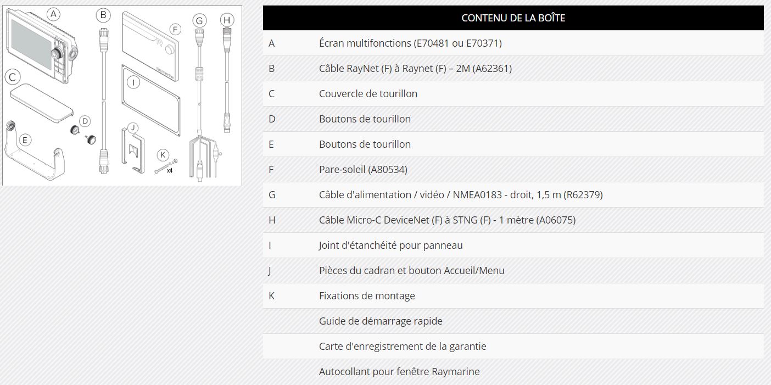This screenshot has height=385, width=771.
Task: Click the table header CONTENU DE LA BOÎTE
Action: [513, 18]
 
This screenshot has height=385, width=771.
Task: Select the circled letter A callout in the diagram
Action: [53, 14]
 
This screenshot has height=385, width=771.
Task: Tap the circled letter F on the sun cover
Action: [175, 29]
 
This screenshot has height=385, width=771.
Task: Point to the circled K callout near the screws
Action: [162, 154]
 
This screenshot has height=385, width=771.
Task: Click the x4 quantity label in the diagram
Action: [170, 171]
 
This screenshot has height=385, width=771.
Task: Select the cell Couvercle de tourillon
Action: [368, 94]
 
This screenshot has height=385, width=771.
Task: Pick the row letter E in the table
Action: [271, 144]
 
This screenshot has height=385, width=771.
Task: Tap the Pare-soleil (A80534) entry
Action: [363, 170]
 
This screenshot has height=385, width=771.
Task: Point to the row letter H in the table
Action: [272, 220]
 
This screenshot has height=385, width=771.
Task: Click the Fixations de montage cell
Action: [367, 296]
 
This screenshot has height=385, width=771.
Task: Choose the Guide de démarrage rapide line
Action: [381, 321]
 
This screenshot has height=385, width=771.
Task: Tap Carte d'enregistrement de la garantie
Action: [403, 347]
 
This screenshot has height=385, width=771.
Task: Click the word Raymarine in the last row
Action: [455, 372]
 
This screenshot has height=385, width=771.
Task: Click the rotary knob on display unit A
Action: [57, 53]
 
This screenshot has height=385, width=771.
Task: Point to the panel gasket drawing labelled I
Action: [152, 99]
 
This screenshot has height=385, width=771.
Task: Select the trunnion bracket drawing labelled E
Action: [36, 157]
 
